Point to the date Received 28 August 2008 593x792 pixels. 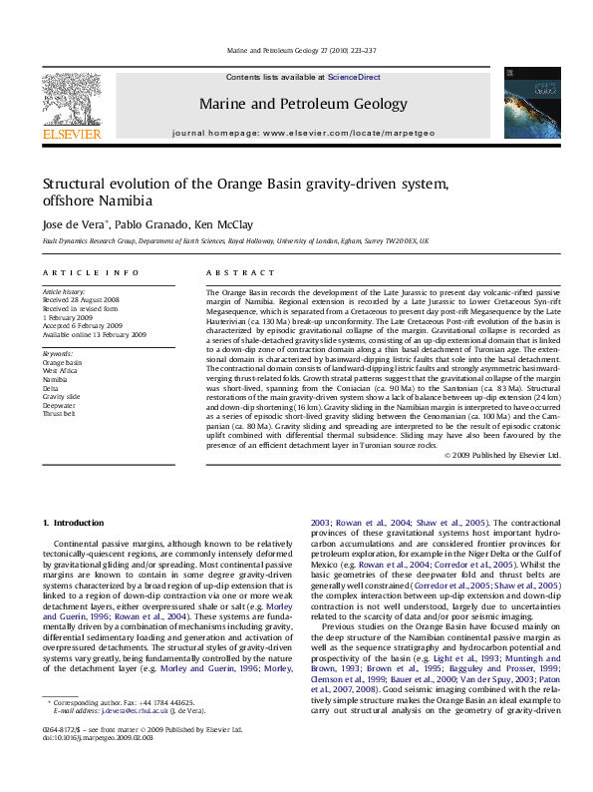point(83,299)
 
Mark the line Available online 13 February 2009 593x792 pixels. point(94,334)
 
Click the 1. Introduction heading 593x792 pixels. point(77,523)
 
